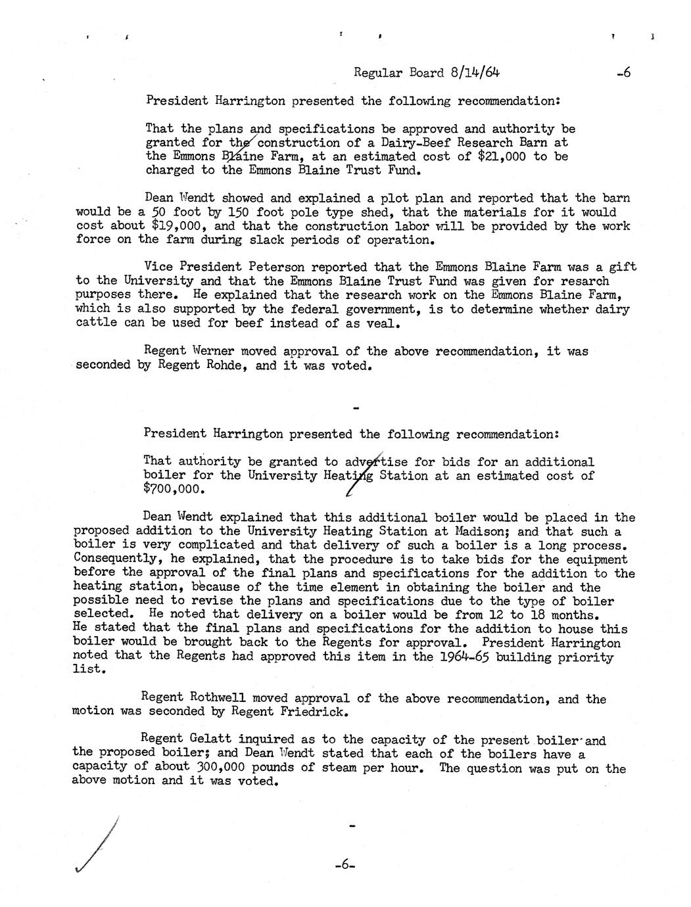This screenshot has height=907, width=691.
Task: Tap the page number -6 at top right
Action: click(x=623, y=73)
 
